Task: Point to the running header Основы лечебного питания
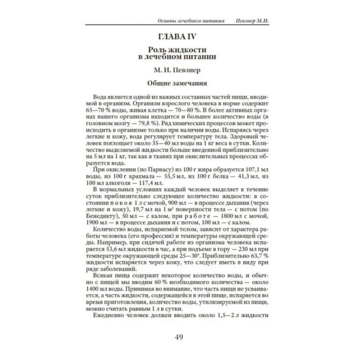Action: [x=191, y=21]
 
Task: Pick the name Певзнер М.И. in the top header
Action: [x=252, y=21]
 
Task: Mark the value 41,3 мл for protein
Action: [x=247, y=177]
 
